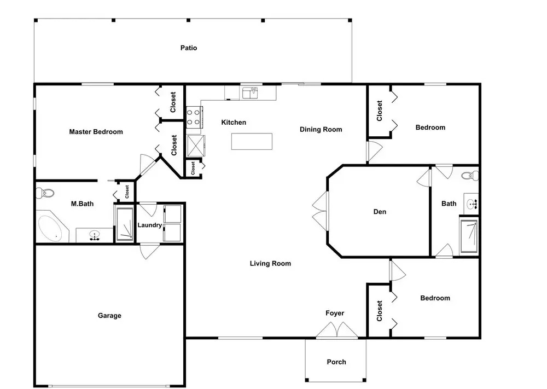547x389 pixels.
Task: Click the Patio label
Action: [x=188, y=48]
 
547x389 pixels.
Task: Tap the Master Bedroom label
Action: [x=96, y=131]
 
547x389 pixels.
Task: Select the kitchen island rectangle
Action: [x=252, y=141]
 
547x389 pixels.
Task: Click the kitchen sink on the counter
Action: [x=250, y=93]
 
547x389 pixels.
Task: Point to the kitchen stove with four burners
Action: [x=194, y=117]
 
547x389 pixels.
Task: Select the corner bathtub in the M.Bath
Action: [x=53, y=226]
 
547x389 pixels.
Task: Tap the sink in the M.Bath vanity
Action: [x=94, y=235]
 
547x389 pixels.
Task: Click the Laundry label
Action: [x=149, y=225]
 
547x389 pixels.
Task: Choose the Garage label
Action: [x=109, y=315]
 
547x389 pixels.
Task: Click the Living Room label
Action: [x=270, y=263]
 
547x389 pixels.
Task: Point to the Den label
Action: [x=380, y=211]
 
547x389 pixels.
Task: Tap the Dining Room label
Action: [x=321, y=130]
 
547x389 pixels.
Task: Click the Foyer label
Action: [x=335, y=313]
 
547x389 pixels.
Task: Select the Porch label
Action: [x=336, y=362]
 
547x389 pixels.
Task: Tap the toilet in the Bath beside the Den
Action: [x=470, y=176]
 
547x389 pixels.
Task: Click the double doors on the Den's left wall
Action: [x=321, y=211]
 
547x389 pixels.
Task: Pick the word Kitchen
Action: [x=234, y=122]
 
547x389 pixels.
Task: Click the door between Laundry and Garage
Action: [x=149, y=251]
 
